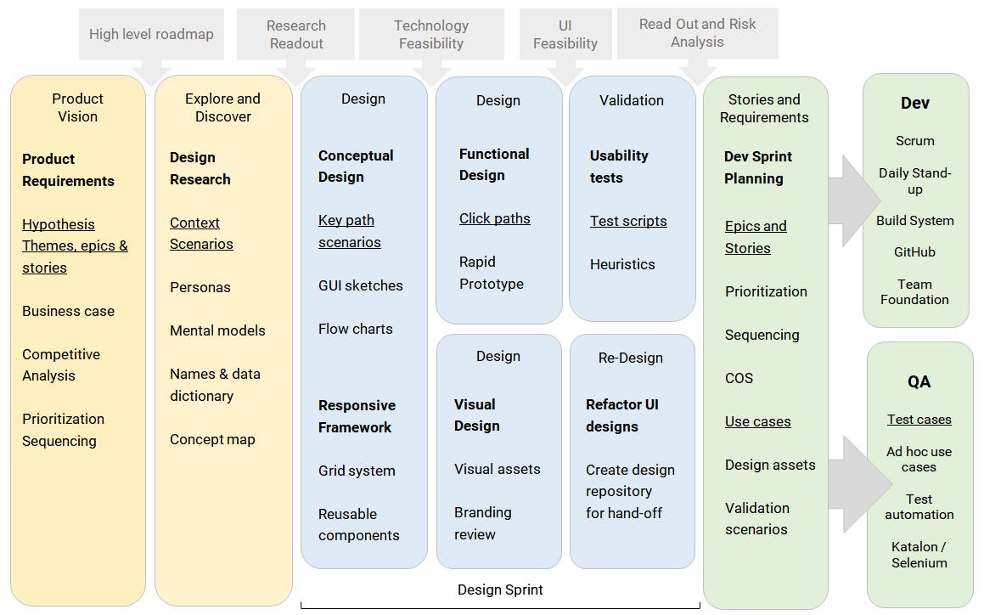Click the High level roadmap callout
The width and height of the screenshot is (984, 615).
click(151, 35)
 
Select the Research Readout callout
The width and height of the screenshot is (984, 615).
click(295, 35)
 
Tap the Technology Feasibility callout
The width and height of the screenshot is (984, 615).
click(431, 35)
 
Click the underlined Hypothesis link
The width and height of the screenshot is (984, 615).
click(59, 224)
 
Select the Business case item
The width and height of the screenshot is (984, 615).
click(69, 311)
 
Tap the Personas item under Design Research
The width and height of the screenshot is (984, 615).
click(200, 287)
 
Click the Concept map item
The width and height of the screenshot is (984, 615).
click(212, 439)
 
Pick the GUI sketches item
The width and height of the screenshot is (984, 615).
click(360, 285)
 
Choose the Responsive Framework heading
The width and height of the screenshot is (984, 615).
click(357, 416)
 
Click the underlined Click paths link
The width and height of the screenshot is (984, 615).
click(494, 218)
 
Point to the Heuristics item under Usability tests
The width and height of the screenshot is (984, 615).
click(622, 264)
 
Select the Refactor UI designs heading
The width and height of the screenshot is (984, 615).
click(622, 415)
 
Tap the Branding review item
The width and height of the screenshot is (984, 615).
click(482, 523)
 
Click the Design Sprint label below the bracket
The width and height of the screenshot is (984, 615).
click(500, 590)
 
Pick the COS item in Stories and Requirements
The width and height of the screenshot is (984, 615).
click(739, 378)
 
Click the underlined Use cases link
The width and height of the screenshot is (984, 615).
click(757, 421)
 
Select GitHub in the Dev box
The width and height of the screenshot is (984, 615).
click(914, 252)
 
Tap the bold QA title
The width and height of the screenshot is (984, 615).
click(919, 381)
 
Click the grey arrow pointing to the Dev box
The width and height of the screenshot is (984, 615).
click(853, 201)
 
